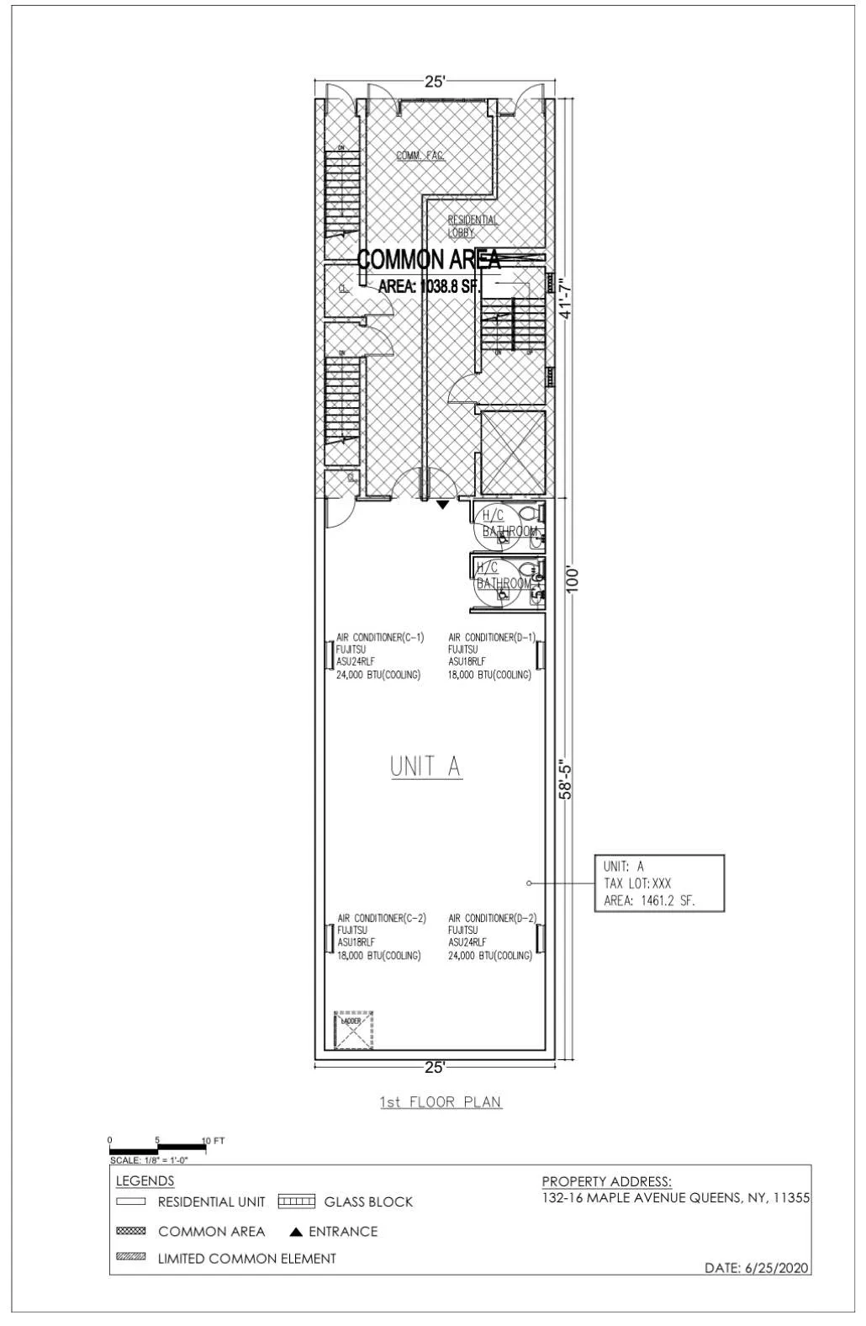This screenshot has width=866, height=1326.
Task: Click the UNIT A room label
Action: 425,766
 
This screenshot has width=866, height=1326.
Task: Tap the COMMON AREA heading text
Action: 429,259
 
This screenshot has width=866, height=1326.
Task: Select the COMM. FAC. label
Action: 420,155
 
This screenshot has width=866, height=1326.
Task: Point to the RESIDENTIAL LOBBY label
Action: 473,225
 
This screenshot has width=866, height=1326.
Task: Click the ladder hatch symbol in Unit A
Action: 353,1031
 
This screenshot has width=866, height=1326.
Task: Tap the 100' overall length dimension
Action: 573,580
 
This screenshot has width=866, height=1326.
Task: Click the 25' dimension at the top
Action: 434,82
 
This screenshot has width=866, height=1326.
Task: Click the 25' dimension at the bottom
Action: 434,1068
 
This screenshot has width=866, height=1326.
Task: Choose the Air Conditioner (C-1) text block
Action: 379,656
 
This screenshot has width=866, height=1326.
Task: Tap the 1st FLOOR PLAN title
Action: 441,1102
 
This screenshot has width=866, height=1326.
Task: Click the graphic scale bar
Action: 157,1148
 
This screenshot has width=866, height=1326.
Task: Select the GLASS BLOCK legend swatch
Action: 296,1201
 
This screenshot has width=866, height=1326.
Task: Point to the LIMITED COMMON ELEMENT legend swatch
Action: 130,1258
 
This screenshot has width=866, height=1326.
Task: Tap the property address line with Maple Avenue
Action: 676,1198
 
